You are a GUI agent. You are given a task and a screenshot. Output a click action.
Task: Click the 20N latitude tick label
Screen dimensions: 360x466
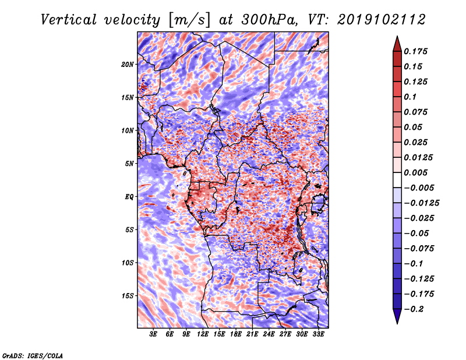pos(128,64)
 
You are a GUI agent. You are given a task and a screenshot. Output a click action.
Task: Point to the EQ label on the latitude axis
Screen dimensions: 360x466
pos(129,196)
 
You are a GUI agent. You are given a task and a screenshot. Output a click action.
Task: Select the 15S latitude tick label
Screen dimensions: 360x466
pos(128,295)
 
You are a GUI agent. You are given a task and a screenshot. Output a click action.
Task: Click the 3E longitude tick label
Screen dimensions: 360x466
pos(154,334)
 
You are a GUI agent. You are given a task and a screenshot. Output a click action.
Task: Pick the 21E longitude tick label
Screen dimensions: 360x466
pos(253,334)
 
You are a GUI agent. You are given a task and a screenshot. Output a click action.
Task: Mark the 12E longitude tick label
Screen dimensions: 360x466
pos(203,334)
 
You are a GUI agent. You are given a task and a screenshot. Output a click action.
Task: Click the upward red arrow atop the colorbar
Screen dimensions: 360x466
pos(397,42)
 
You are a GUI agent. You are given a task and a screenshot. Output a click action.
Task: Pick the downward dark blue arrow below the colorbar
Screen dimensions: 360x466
pos(397,317)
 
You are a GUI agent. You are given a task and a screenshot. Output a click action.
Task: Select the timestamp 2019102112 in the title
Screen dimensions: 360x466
pos(377,19)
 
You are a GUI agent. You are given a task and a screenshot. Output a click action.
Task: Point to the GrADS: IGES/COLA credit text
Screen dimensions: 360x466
pos(32,355)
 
